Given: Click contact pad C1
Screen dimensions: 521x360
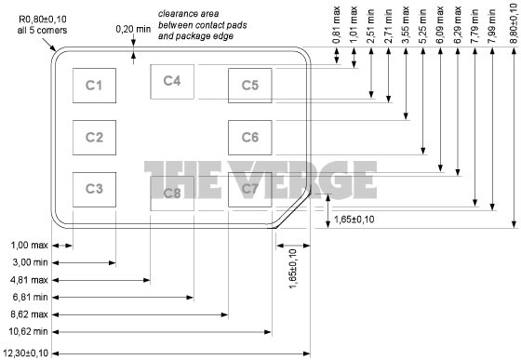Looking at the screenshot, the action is (93, 86).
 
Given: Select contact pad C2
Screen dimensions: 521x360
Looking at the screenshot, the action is (93, 138).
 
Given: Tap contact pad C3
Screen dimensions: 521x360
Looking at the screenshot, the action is (93, 189).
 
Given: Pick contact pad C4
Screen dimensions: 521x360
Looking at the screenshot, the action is (171, 81).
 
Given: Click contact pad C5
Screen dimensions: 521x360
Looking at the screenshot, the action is (249, 86).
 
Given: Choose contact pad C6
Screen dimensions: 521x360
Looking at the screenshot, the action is (249, 138).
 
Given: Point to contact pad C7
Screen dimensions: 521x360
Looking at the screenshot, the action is (249, 189).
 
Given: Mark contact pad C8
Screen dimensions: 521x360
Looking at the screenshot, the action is (171, 193).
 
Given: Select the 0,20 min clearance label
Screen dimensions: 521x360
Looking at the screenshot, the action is (132, 29).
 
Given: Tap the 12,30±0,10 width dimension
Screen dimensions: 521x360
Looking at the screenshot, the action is (27, 353).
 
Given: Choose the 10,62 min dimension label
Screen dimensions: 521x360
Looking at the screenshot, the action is (27, 331).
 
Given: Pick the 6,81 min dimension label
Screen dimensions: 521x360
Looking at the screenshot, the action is (27, 297).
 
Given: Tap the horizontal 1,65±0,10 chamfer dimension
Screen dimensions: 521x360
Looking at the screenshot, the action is (354, 220).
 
